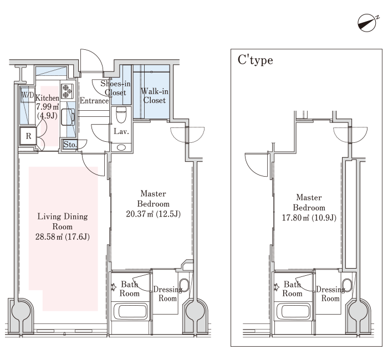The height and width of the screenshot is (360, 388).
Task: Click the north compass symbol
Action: coord(367,23)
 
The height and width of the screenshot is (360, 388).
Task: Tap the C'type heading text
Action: coord(256,60)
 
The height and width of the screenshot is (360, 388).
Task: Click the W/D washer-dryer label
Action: coord(28,95)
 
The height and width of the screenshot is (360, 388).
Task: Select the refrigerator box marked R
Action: coord(28,136)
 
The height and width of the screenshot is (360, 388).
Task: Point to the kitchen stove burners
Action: coord(67,91)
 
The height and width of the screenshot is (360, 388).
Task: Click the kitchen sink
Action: coord(68,117)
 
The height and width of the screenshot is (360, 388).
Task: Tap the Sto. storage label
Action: coord(70,145)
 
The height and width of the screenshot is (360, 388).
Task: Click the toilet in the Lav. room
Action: coord(121,115)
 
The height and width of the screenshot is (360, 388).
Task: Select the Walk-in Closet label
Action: coord(155,96)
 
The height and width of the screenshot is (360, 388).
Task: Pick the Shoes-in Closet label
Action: coord(115,88)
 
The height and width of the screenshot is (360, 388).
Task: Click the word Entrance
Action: coord(94,101)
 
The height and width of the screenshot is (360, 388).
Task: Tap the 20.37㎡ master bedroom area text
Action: coord(153,214)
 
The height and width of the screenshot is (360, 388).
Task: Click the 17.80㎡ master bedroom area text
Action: coord(309,218)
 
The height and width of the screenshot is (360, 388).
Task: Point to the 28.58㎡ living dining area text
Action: coord(62,237)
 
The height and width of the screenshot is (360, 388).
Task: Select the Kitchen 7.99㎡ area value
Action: coord(48,107)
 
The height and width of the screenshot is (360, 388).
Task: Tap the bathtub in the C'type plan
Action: coord(293,311)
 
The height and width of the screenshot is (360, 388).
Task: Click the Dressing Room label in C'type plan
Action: coord(330,294)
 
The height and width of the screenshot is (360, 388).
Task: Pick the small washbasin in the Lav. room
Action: coord(121,148)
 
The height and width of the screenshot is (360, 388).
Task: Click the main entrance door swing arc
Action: coord(95,56)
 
